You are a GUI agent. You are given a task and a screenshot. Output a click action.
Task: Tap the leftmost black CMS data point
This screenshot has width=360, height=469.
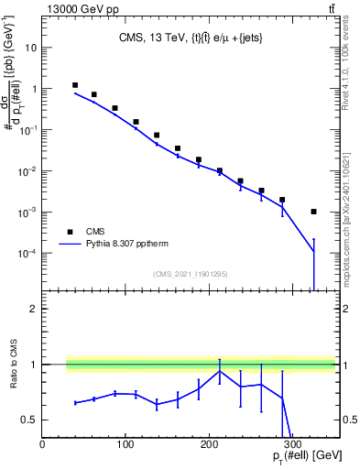tap(75, 85)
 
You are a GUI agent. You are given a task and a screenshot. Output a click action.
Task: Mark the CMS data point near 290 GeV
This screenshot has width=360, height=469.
tap(282, 200)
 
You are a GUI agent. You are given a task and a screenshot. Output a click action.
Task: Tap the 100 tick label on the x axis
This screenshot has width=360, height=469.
tap(126, 444)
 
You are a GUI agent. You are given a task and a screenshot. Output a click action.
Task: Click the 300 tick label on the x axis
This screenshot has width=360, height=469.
tap(293, 444)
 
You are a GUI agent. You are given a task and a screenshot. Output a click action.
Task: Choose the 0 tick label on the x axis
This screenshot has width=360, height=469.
tap(43, 444)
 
